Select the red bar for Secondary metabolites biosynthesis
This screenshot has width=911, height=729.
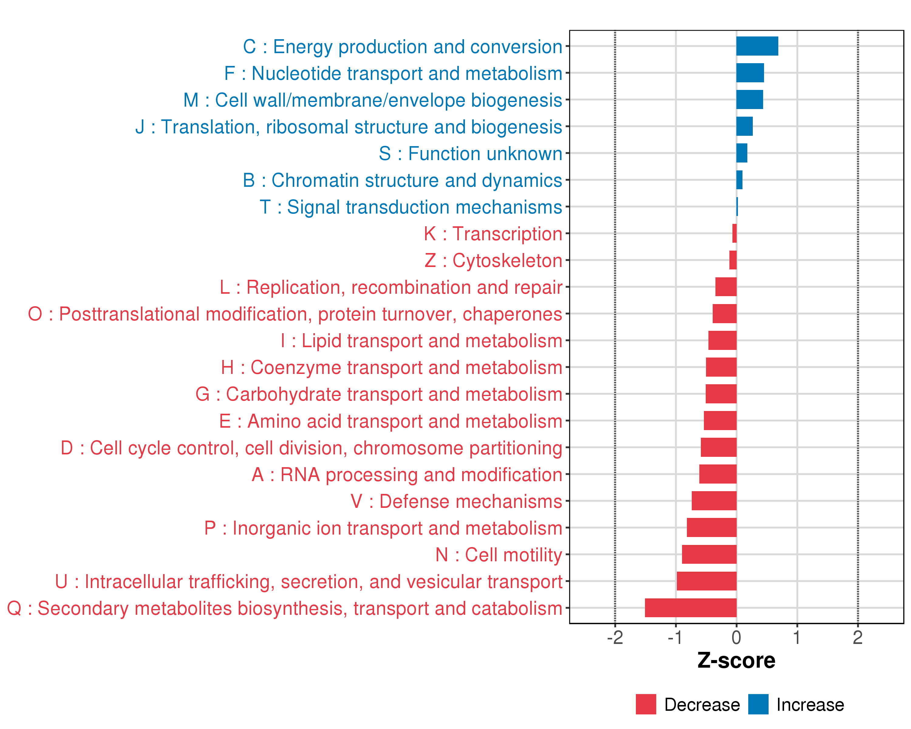tap(691, 608)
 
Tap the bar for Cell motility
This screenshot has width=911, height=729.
tap(709, 554)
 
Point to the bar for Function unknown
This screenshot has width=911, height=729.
tap(742, 153)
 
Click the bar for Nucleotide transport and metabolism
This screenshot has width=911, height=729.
tap(750, 73)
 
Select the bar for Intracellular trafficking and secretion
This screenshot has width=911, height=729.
tap(707, 581)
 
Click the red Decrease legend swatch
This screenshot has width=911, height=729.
tap(646, 704)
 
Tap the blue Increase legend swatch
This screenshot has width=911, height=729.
tap(758, 704)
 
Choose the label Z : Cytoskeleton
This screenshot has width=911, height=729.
tap(493, 260)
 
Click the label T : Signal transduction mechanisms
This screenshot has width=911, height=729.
tap(411, 207)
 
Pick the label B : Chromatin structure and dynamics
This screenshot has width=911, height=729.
tap(402, 180)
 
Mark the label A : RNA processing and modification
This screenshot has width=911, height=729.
tap(407, 474)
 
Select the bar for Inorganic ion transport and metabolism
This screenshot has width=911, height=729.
tap(711, 527)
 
